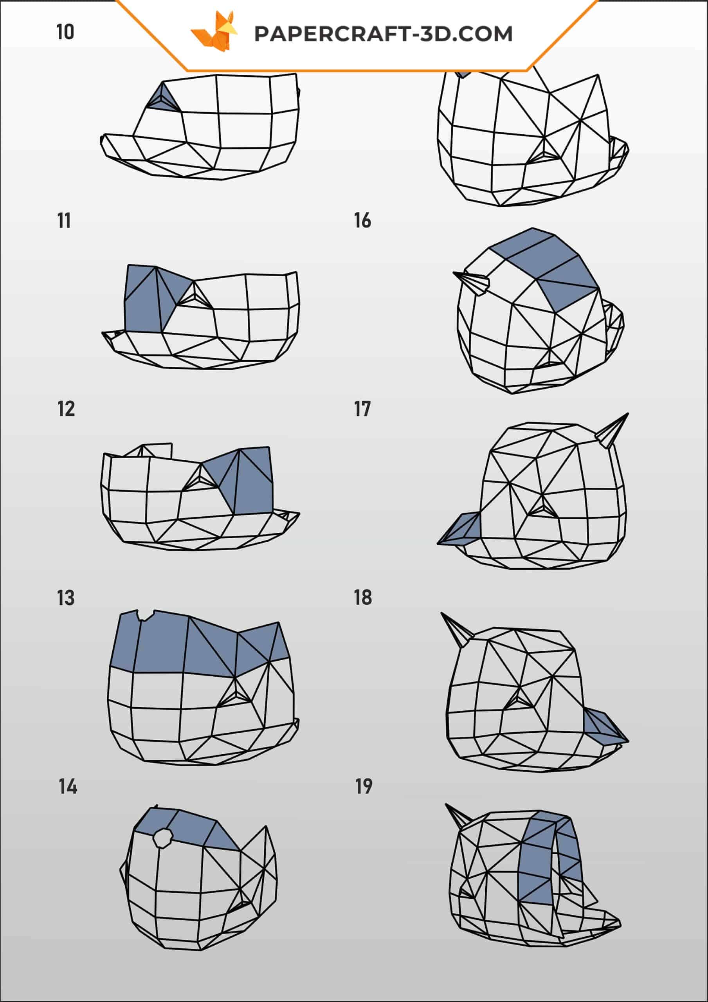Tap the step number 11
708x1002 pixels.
[x=64, y=221]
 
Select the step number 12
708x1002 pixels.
[x=66, y=409]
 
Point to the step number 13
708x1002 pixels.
[x=66, y=598]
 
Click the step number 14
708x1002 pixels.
[x=68, y=787]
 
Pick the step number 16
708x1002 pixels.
[x=362, y=221]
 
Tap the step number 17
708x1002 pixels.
[x=362, y=409]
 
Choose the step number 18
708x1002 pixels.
[x=363, y=598]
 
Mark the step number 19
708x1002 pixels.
[x=364, y=787]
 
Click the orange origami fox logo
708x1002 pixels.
[x=214, y=31]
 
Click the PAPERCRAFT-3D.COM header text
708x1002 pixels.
[x=383, y=34]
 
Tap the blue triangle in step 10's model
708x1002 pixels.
[x=164, y=99]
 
